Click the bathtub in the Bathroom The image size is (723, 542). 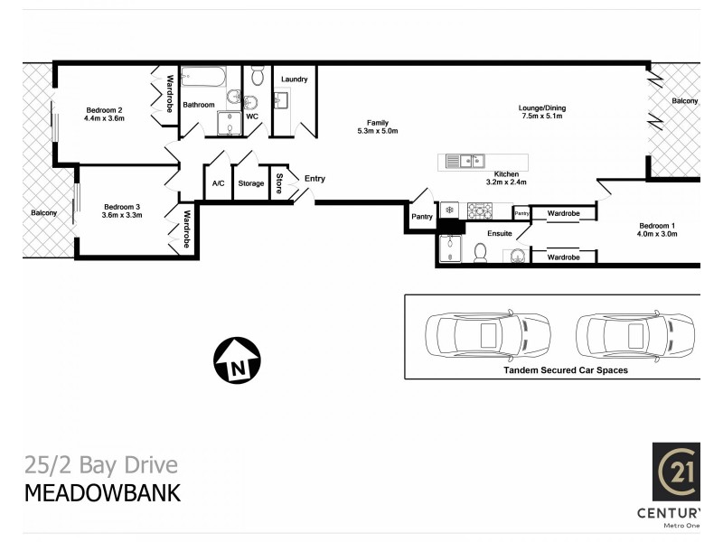(208, 78)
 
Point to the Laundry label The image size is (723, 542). (294, 79)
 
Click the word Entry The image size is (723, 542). (315, 179)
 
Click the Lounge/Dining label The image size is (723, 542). (542, 107)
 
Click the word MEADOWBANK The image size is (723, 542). (101, 493)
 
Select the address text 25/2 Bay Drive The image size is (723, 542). (100, 466)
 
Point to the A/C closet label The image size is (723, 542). (218, 183)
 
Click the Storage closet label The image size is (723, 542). (251, 183)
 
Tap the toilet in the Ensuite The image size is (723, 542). (480, 254)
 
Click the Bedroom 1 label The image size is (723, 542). (657, 225)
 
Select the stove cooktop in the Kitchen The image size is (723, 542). (479, 210)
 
